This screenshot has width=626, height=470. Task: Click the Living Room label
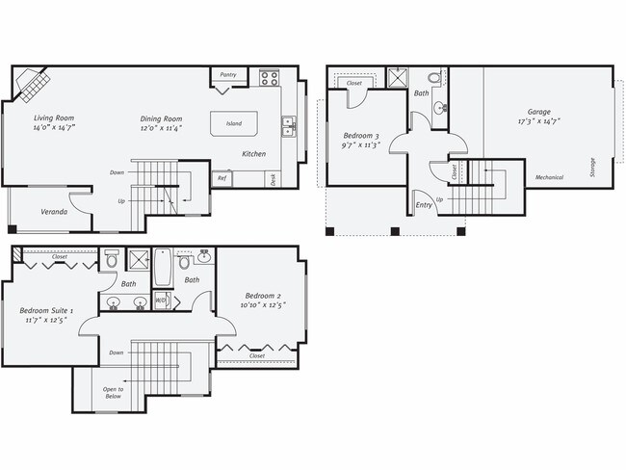54,117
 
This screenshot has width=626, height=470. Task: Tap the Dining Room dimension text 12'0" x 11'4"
161,128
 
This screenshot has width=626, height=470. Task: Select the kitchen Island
234,123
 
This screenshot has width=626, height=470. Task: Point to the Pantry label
228,74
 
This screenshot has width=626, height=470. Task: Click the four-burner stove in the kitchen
270,78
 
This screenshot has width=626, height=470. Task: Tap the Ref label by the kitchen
222,178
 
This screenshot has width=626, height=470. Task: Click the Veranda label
54,211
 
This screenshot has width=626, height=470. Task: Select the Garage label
538,111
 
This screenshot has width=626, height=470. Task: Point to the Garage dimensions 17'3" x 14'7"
538,121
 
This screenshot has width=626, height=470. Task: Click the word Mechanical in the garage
550,177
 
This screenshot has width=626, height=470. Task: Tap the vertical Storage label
592,168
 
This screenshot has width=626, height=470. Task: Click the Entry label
423,204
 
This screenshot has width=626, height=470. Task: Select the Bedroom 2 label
262,295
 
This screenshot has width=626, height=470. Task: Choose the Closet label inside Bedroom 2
257,355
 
